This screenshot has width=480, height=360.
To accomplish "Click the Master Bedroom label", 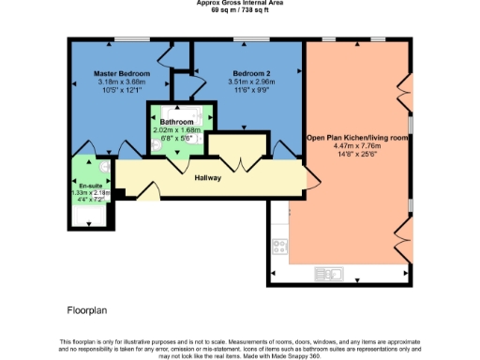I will coord(123,72).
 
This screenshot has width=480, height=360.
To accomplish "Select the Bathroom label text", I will coord(176,122).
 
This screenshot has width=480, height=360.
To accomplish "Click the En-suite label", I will coord(90,186).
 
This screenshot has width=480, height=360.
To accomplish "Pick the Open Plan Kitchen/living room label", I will coord(357,138).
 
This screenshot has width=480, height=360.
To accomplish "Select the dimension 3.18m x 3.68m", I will coord(123,82).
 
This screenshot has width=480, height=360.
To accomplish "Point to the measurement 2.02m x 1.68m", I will coord(176,130).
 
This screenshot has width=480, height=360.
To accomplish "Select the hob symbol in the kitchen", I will coord(278,247).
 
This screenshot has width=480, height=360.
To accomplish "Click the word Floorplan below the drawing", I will coord(89,308).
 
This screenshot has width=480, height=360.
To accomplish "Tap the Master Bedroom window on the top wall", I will coord(127,38).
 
